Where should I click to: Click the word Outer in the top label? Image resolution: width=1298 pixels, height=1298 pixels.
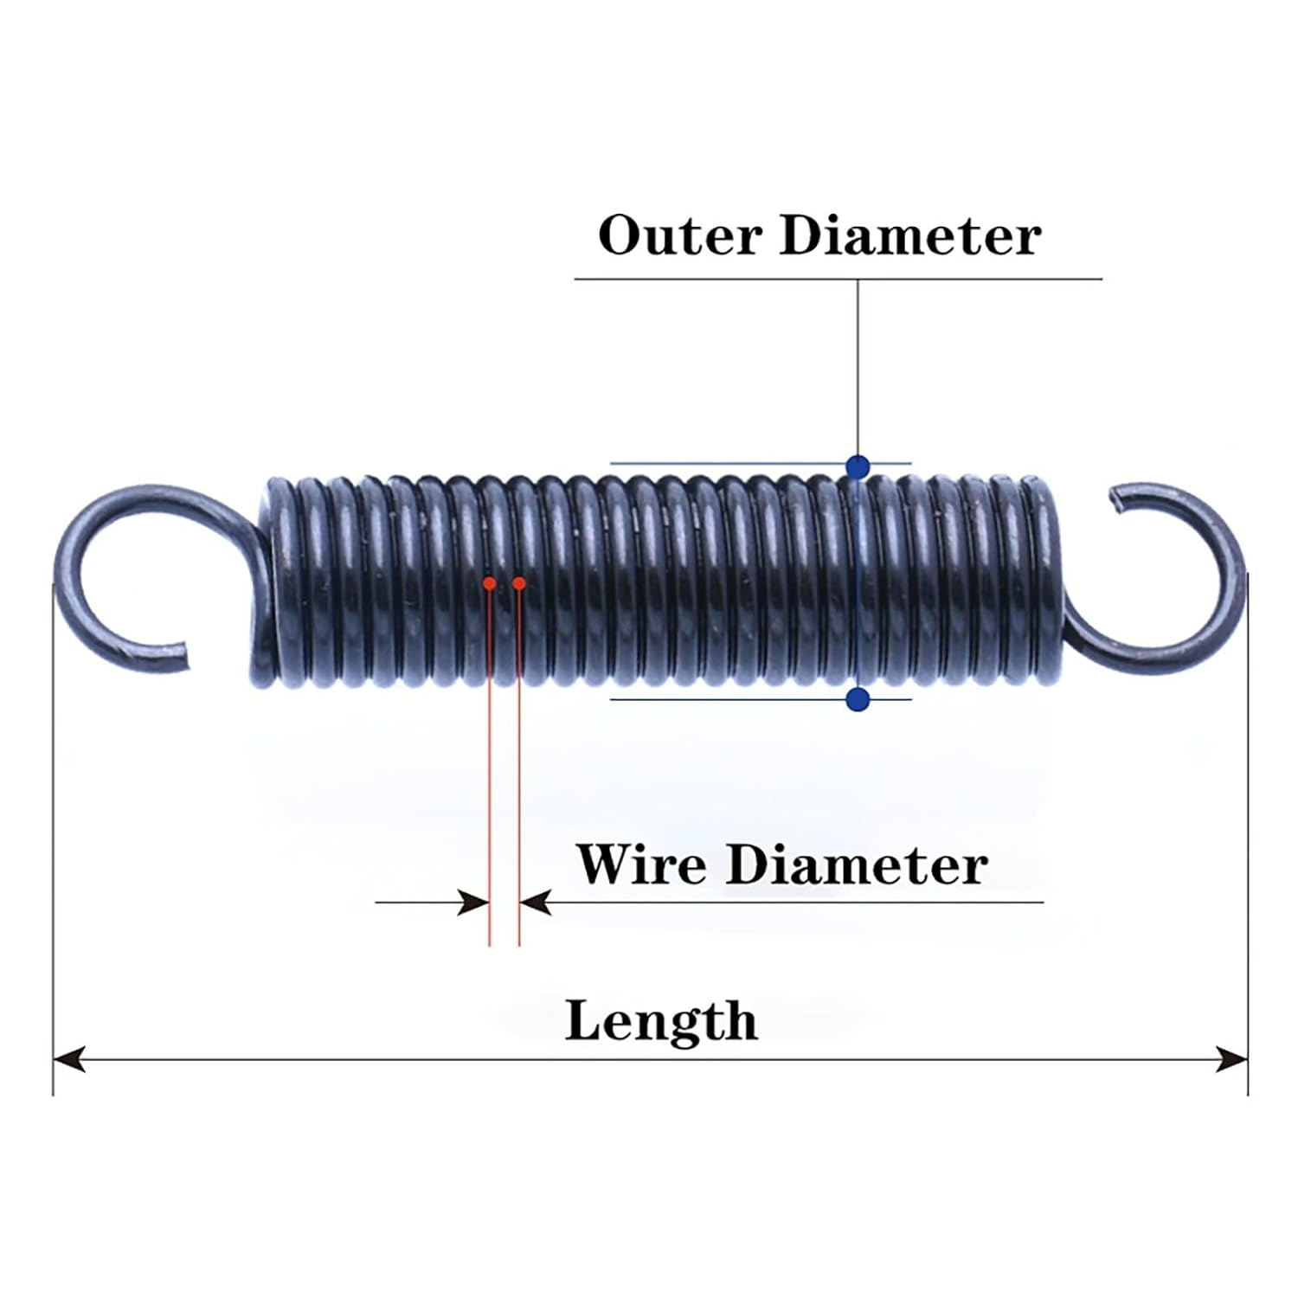click(679, 235)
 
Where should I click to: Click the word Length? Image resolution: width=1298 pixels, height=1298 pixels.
click(661, 1021)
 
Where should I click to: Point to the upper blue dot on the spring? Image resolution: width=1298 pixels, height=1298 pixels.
click(858, 467)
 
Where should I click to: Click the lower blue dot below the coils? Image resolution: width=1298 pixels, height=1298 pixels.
click(858, 699)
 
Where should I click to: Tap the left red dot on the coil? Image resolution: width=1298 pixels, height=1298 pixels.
click(490, 583)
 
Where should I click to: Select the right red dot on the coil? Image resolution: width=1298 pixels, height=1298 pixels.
click(519, 583)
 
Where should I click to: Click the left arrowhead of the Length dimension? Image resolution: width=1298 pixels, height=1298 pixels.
click(69, 1058)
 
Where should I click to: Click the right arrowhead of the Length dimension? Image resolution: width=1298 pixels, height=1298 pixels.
click(1232, 1058)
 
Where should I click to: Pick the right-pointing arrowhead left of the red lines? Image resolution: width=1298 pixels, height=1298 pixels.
click(473, 903)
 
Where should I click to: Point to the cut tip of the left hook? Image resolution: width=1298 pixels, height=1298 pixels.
click(181, 656)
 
